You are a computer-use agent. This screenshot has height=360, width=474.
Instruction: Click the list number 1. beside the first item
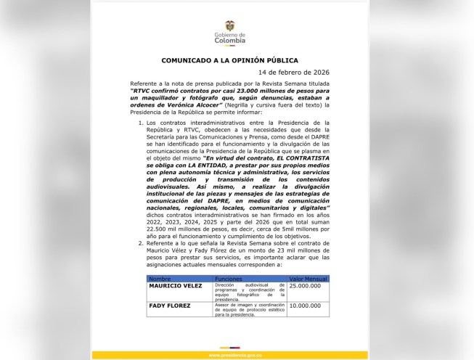click(140, 123)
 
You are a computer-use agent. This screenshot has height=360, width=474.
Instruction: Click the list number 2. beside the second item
click(140, 245)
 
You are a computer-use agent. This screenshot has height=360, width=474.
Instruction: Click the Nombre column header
click(160, 277)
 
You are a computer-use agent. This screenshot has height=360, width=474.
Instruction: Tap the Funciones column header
click(229, 277)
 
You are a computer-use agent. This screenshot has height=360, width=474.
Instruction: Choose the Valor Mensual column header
click(305, 277)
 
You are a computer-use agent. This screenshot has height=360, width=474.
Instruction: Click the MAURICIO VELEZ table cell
click(175, 286)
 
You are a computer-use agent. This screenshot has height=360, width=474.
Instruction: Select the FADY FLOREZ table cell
click(169, 306)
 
